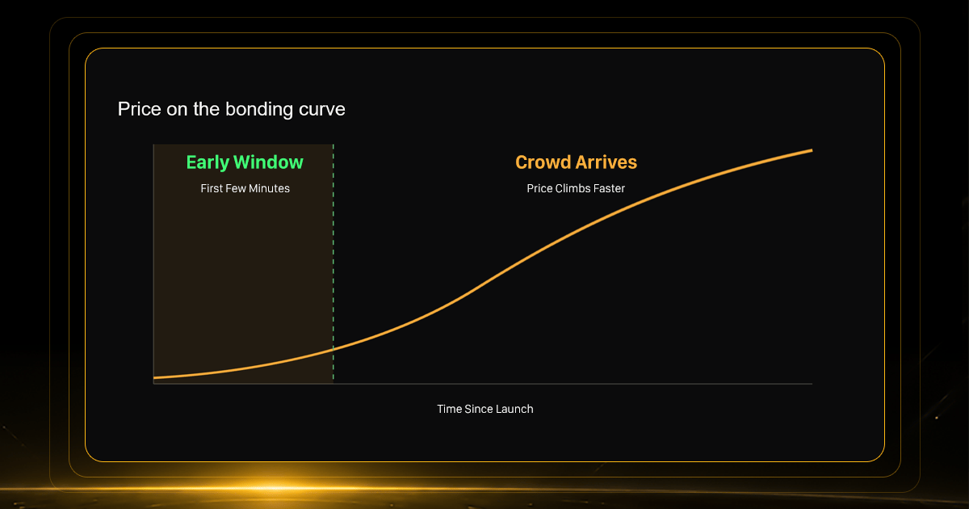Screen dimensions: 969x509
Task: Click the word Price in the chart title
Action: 138,109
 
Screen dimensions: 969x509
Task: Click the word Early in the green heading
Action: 208,162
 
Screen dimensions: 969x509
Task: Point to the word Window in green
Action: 268,162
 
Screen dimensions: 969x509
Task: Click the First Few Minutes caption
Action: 245,188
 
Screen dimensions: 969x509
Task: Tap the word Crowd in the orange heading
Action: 543,162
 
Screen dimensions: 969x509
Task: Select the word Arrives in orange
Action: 606,162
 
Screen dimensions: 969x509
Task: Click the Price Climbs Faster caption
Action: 576,188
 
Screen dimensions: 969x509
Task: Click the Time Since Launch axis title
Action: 485,409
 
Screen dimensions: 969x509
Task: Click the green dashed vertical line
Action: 333,263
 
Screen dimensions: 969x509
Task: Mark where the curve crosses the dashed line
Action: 333,348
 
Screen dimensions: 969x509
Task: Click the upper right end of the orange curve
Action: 812,150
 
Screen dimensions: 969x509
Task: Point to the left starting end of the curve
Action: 154,378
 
